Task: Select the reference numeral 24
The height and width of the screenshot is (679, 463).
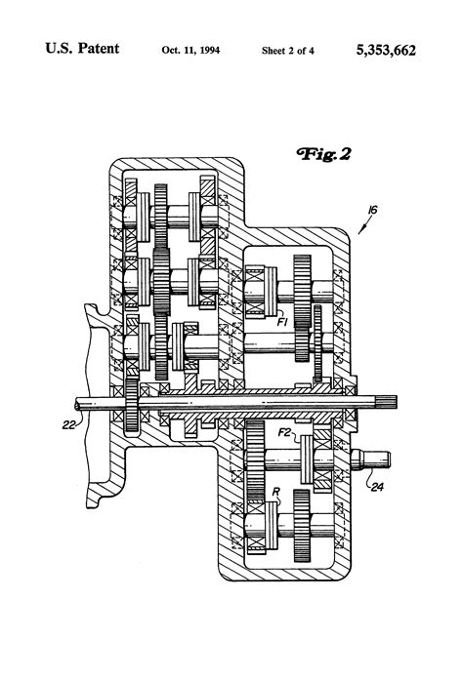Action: (x=377, y=479)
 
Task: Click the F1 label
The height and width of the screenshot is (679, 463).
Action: (x=281, y=318)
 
